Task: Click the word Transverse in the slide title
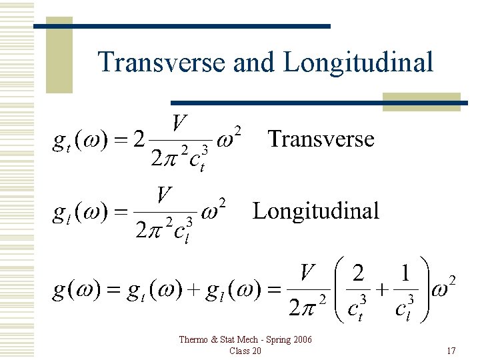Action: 161,63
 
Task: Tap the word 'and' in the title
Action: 253,63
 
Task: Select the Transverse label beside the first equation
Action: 321,139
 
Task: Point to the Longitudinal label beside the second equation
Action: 315,211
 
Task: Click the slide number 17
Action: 451,351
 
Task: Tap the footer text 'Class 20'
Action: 245,351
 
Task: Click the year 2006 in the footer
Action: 301,340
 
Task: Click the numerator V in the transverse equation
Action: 179,123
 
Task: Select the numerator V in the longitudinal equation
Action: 165,196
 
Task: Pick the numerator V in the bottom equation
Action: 307,272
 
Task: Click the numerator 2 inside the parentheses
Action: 358,273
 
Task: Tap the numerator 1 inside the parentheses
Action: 404,273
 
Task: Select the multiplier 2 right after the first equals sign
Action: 138,140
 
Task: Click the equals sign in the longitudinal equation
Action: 120,213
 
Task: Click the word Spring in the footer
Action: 273,340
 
